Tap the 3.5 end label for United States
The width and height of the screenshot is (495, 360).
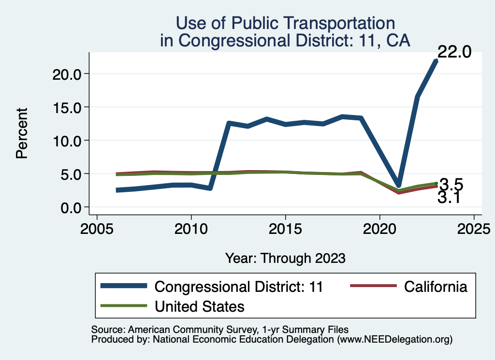451,184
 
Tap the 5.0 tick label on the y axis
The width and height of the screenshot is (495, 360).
68,174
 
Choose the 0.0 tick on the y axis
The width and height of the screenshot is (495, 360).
68,207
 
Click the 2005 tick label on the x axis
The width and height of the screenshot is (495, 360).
97,228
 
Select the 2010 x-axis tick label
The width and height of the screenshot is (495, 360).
191,228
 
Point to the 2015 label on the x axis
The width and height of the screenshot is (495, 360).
285,228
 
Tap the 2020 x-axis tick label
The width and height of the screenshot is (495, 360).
379,228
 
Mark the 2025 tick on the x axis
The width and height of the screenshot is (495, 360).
474,228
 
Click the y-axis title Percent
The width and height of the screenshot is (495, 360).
21,140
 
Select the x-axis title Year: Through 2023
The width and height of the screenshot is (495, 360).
285,258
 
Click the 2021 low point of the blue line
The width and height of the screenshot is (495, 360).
398,185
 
